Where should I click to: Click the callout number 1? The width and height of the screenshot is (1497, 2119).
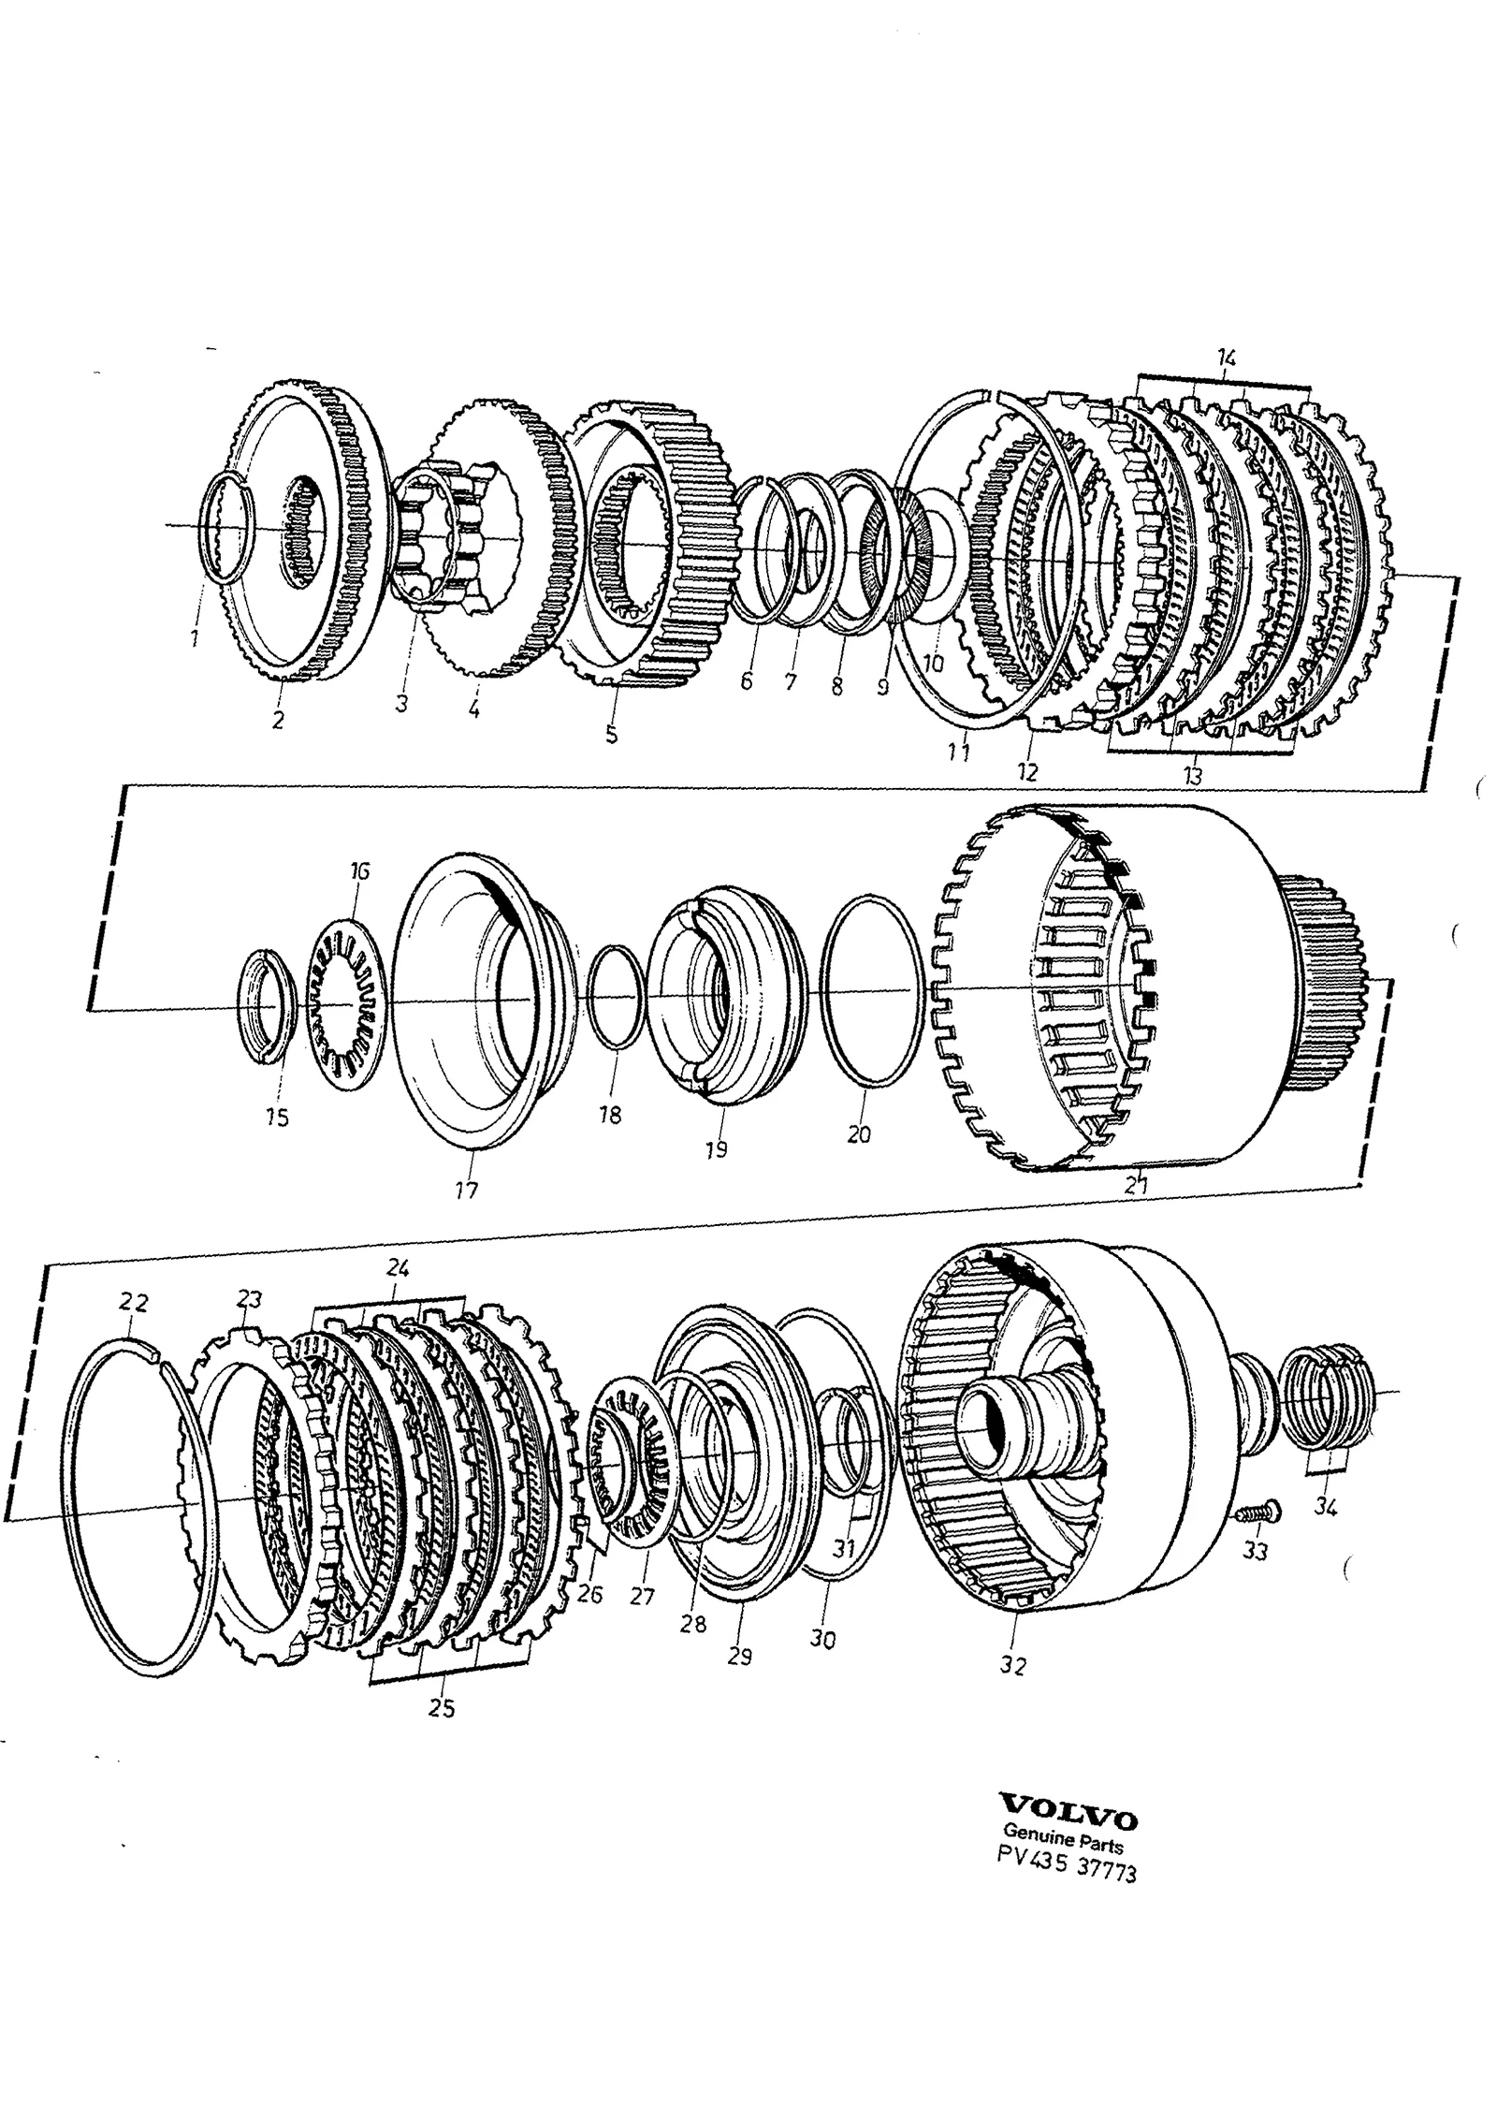click(x=193, y=639)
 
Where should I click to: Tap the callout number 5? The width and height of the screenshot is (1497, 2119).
click(x=611, y=735)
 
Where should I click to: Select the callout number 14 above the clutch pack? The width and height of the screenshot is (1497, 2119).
click(x=1227, y=357)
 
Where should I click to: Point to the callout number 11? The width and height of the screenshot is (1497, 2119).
click(x=957, y=752)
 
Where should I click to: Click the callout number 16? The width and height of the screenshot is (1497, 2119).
click(x=359, y=871)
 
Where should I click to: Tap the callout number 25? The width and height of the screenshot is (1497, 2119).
click(x=442, y=1708)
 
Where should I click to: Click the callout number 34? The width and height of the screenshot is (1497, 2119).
click(x=1325, y=1507)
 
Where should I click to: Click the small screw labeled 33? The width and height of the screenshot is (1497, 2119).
click(x=1256, y=1512)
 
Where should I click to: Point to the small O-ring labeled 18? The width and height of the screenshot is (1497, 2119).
click(x=616, y=999)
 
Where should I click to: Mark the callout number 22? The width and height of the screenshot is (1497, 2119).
click(x=133, y=1303)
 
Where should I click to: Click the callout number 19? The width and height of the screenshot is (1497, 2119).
click(x=716, y=1149)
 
